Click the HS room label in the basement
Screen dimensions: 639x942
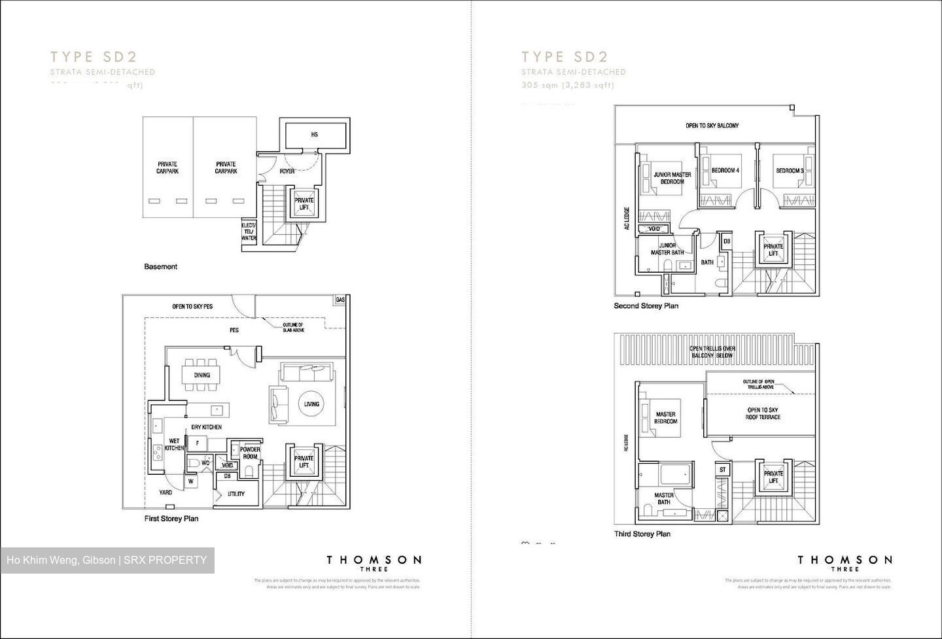(x=314, y=135)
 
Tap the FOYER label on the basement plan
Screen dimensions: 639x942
(x=287, y=171)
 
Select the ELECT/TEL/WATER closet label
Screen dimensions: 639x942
(x=249, y=232)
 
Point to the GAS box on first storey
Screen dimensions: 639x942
(x=340, y=300)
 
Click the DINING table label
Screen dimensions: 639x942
(x=201, y=375)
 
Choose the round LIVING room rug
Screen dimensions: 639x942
(x=311, y=404)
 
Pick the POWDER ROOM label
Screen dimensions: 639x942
(x=250, y=453)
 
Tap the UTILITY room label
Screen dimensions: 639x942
(x=236, y=494)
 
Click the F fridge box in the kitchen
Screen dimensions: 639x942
(x=196, y=443)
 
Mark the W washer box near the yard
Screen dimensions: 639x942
(x=191, y=482)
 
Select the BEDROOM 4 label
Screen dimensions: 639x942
(x=725, y=171)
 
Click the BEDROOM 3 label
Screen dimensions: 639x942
(x=789, y=171)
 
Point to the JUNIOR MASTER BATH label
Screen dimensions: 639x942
(x=667, y=249)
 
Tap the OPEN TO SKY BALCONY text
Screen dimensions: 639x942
(x=712, y=126)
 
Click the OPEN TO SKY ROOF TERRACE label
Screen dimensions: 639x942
(x=763, y=413)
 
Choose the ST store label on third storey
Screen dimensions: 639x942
(x=723, y=470)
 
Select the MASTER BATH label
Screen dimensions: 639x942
(x=663, y=498)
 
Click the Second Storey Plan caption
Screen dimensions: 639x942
(x=646, y=305)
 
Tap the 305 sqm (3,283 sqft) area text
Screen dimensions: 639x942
(x=568, y=85)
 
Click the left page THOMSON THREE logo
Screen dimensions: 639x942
(x=374, y=562)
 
